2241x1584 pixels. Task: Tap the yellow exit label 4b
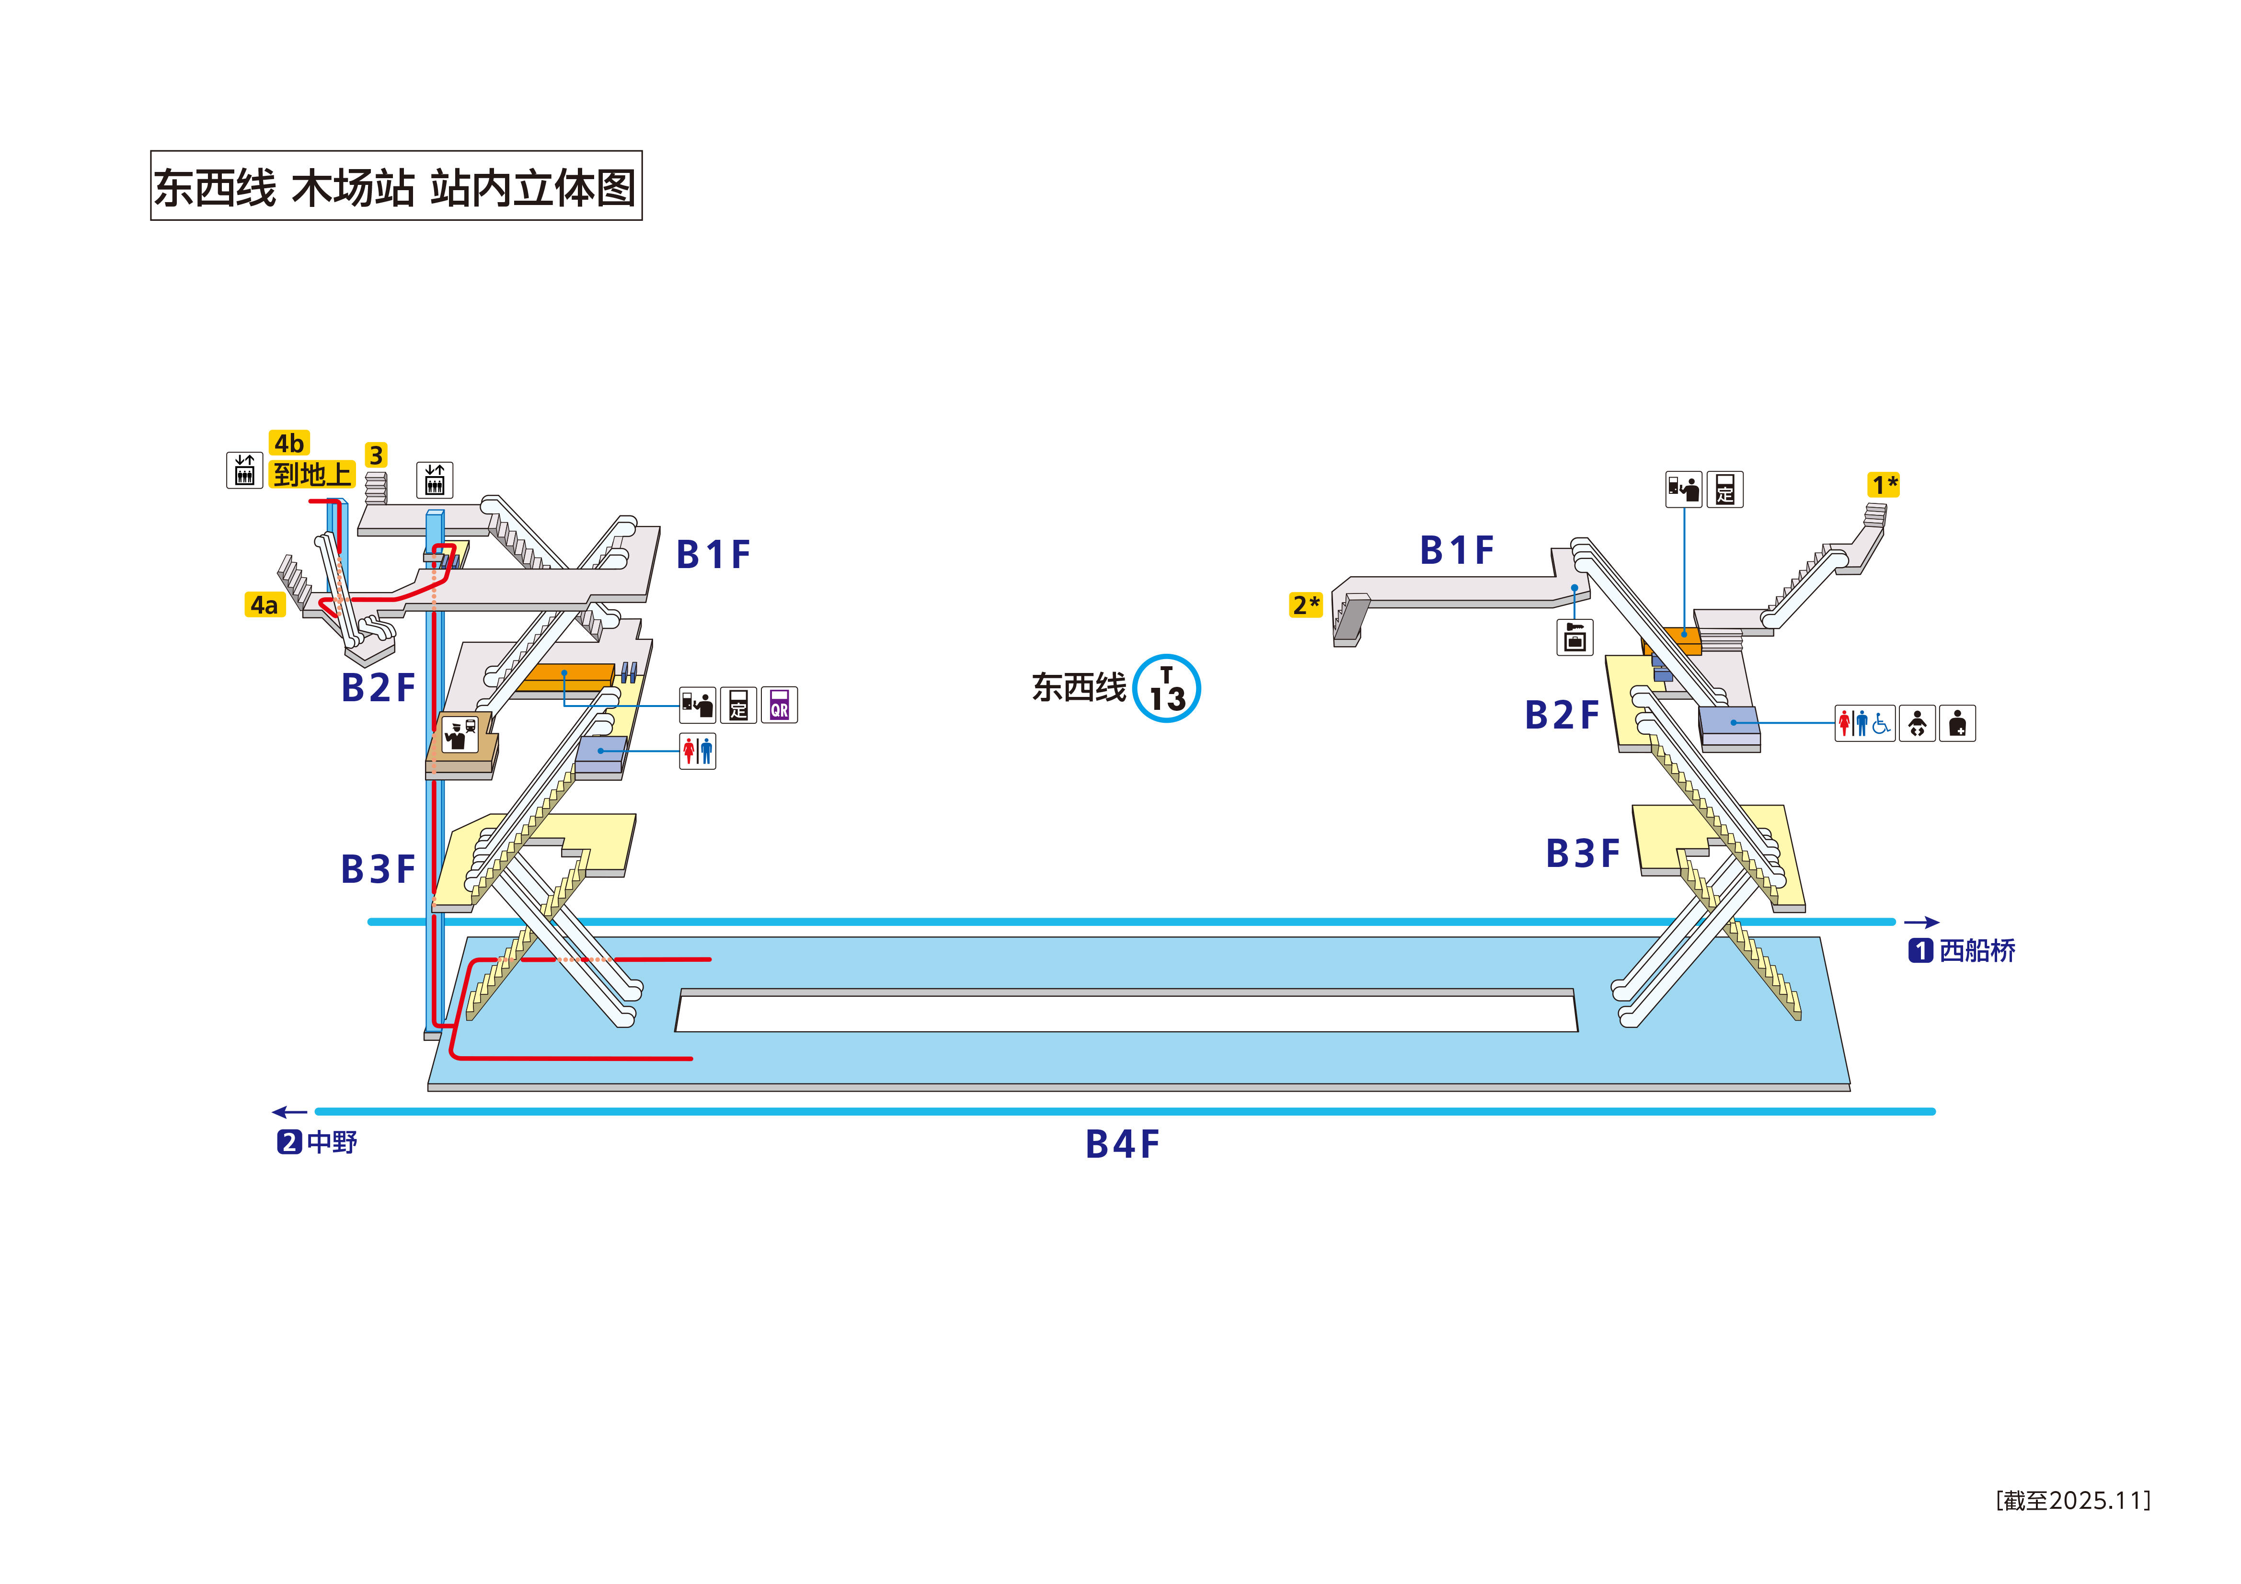click(x=289, y=443)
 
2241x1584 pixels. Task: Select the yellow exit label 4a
click(x=264, y=605)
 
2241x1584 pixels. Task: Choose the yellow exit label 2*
click(x=1306, y=605)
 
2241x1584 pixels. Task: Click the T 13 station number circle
click(x=1167, y=689)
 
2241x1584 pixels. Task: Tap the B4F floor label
click(x=1123, y=1145)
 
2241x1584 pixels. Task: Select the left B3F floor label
click(x=378, y=868)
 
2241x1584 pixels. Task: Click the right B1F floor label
click(x=1456, y=550)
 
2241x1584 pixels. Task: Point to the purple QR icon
click(x=779, y=705)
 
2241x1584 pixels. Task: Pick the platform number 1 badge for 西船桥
click(x=1920, y=951)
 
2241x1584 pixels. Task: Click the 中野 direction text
click(x=332, y=1142)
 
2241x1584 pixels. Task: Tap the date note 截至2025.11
click(x=2073, y=1500)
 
